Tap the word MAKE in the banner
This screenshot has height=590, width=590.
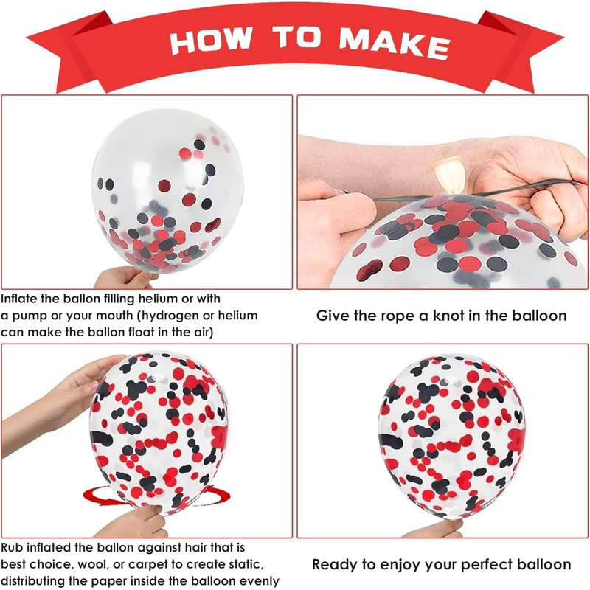click(x=394, y=43)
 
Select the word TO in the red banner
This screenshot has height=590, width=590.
click(x=297, y=37)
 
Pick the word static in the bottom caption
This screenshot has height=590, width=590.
click(x=239, y=564)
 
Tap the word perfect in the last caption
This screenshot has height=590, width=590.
click(x=487, y=565)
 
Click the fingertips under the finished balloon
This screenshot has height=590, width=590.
click(x=433, y=529)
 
